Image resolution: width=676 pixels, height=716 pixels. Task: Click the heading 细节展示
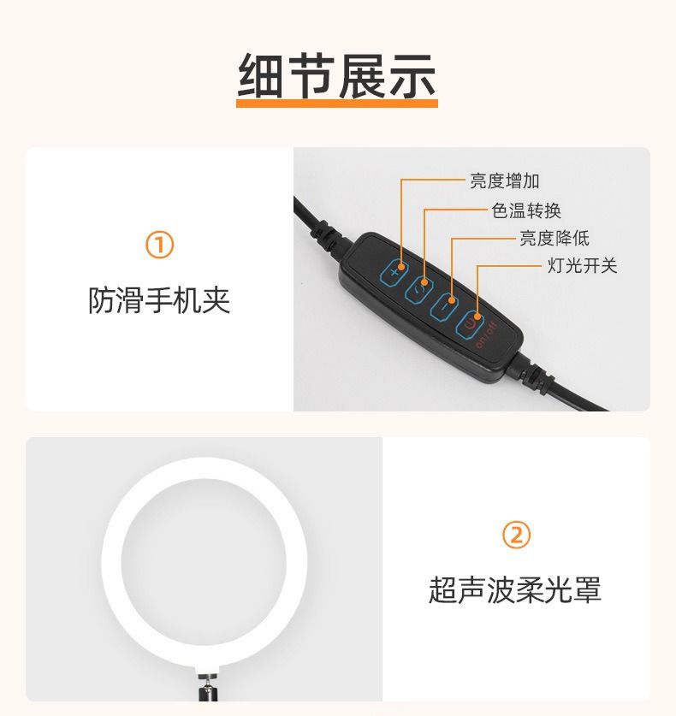337,75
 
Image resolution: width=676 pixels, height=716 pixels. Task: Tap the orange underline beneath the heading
337,104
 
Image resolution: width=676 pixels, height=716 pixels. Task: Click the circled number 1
159,245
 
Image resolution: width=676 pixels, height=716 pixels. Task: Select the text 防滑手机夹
159,300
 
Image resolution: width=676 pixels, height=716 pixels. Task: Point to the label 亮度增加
505,180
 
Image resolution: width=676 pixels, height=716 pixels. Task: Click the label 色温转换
526,210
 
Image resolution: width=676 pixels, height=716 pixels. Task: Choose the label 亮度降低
554,238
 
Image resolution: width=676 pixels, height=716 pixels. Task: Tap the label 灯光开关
583,265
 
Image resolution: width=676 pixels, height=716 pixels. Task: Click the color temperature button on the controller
418,289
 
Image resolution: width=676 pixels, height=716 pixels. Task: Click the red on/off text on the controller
486,335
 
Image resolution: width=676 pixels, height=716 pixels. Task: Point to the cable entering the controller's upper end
321,227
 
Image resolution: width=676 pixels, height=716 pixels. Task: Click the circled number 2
516,535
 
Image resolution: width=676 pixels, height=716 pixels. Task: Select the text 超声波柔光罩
515,589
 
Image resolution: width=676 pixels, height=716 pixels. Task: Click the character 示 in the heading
412,75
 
